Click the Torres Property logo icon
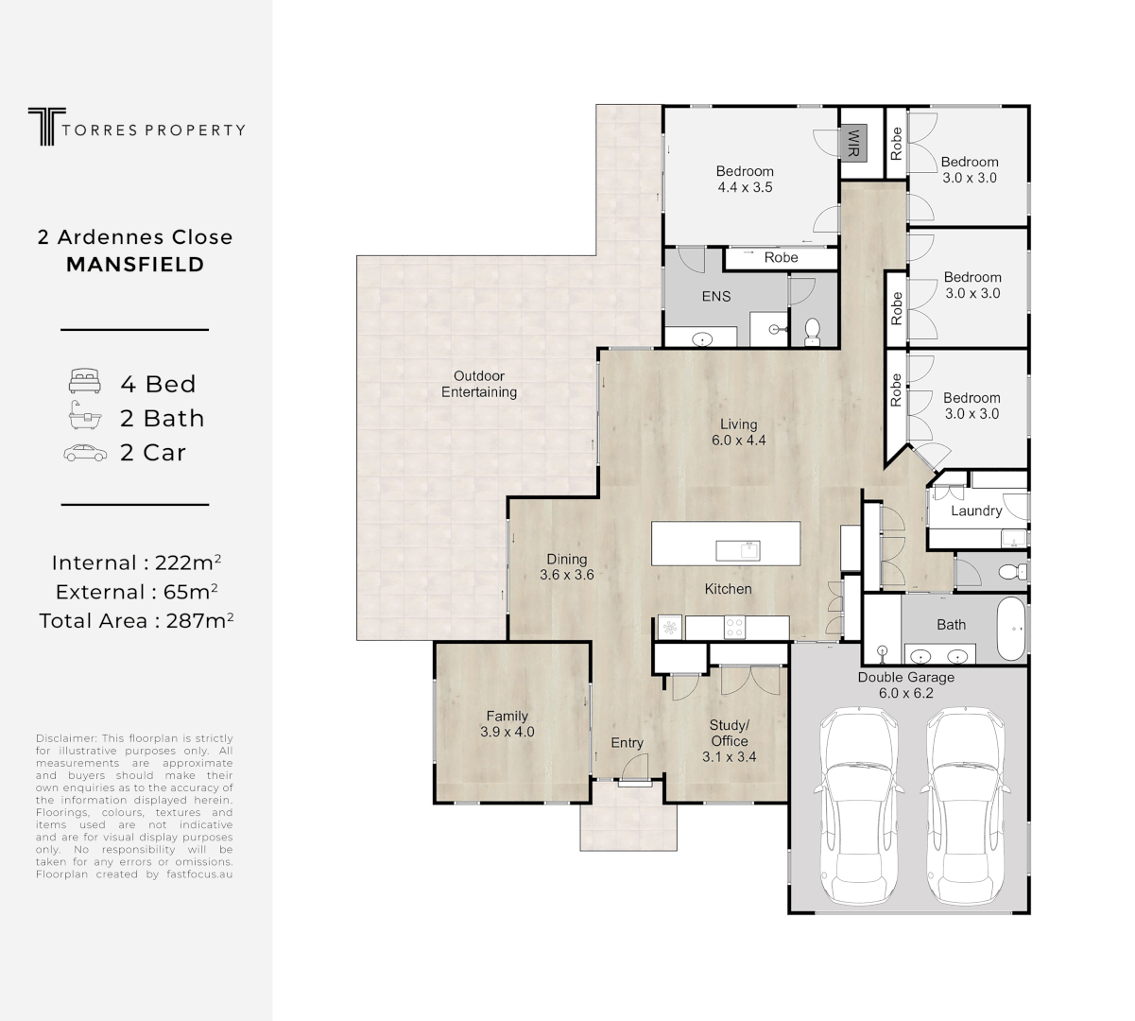pyautogui.click(x=43, y=127)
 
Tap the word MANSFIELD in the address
pyautogui.click(x=135, y=265)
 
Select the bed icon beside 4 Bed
pyautogui.click(x=84, y=383)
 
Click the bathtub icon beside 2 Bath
pyautogui.click(x=84, y=417)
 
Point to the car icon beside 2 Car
pyautogui.click(x=84, y=453)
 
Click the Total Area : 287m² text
pyautogui.click(x=136, y=620)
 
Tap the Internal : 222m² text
pyautogui.click(x=136, y=562)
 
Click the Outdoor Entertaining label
pyautogui.click(x=478, y=384)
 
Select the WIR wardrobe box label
pyautogui.click(x=853, y=143)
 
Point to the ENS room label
pyautogui.click(x=715, y=296)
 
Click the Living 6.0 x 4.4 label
pyautogui.click(x=738, y=432)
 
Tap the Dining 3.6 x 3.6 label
pyautogui.click(x=566, y=566)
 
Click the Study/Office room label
pyautogui.click(x=729, y=741)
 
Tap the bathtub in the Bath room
pyautogui.click(x=1012, y=629)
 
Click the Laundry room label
pyautogui.click(x=975, y=510)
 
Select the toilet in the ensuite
pyautogui.click(x=812, y=331)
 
